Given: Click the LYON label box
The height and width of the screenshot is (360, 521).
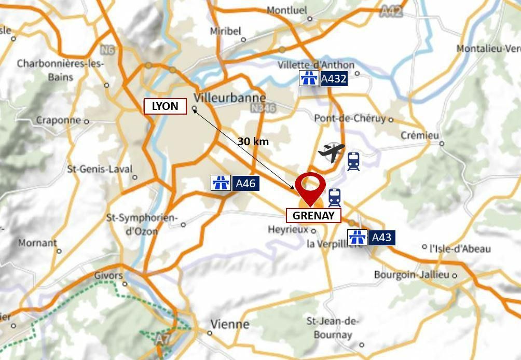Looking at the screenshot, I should click(x=164, y=106).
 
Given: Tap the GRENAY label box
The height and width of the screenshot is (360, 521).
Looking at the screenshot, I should click(x=313, y=215).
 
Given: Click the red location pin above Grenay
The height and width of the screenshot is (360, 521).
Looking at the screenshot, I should click(x=310, y=187).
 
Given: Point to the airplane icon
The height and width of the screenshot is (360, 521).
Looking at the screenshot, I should click(x=331, y=153).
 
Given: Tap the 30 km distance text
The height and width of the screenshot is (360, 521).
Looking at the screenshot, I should click(x=253, y=141).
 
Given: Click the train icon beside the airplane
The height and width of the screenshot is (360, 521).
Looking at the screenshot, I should click(x=353, y=161).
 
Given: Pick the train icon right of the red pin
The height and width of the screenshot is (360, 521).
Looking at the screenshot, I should click(x=335, y=198).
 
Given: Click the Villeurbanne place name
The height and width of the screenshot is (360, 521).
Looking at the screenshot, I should click(x=229, y=98).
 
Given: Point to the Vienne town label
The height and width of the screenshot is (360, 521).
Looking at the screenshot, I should click(x=229, y=324).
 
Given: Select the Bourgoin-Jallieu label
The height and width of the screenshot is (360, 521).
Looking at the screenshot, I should click(x=412, y=274).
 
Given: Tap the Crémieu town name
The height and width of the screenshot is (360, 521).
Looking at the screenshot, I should click(x=420, y=135).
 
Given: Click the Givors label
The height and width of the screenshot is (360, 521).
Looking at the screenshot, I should click(x=108, y=275).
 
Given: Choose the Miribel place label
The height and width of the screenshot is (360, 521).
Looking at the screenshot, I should click(x=226, y=31).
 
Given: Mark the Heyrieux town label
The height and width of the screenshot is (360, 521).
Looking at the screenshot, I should click(x=288, y=229).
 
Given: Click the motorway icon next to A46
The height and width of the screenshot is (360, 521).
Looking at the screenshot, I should click(x=221, y=183).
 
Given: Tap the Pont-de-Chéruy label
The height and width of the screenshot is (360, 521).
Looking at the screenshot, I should click(x=350, y=118).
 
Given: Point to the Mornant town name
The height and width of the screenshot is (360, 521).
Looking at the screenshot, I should click(x=37, y=243).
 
